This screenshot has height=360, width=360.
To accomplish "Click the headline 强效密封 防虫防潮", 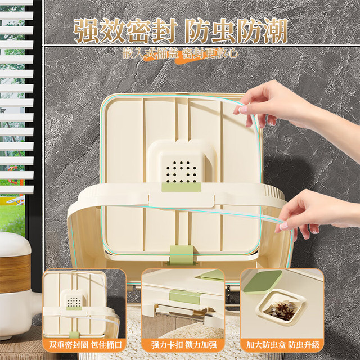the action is (x=181, y=31).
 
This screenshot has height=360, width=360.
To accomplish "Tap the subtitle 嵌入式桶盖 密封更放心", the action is (x=181, y=53).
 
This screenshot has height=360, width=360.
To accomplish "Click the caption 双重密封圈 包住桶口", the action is (x=85, y=345).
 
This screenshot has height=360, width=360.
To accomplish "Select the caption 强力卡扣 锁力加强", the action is (x=184, y=345).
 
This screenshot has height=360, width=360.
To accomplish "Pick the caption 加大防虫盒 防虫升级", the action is (x=282, y=345).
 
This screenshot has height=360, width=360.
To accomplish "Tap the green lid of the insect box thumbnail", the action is (x=263, y=282).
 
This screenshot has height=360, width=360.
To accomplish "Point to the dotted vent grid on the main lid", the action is (x=181, y=172).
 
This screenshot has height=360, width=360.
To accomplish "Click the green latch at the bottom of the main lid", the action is (x=181, y=255).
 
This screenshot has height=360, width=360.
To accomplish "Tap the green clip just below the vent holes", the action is (x=181, y=187).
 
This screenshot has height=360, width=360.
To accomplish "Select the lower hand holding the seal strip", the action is (x=317, y=214).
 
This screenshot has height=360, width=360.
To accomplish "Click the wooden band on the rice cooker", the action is (x=15, y=273).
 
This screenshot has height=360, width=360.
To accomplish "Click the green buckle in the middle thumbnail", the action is (x=185, y=296).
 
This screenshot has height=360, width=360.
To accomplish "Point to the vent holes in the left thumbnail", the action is (x=74, y=302).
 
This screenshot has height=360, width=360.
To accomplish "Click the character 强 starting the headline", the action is (x=86, y=31).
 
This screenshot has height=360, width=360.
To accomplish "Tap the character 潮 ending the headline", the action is (x=275, y=31).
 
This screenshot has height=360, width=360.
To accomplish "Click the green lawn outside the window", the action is (x=12, y=218).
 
